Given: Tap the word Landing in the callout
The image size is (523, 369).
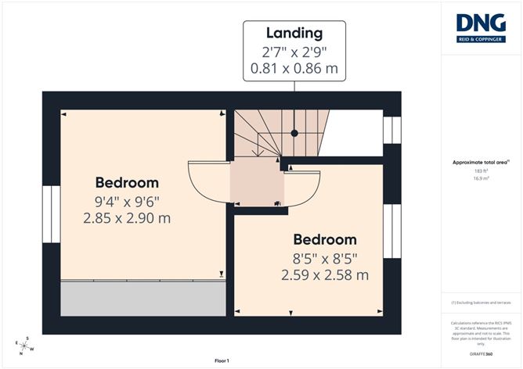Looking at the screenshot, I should [x=294, y=33].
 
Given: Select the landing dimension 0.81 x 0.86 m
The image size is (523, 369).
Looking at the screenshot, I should [x=294, y=69].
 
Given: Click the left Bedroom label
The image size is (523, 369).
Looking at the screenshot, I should [x=127, y=182].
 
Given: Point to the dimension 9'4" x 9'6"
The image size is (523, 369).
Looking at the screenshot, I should [x=127, y=201].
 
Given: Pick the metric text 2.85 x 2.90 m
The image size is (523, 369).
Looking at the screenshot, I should [x=127, y=218].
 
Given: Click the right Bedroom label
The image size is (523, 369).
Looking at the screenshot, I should [x=324, y=239].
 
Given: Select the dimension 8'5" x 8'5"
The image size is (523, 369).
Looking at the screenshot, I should [x=324, y=257].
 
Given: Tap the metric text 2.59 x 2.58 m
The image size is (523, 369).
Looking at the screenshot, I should [x=324, y=274].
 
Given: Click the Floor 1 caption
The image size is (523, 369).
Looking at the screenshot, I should [x=222, y=360].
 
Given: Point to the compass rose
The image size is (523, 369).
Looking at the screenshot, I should [x=24, y=344].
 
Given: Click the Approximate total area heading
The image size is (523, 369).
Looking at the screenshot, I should [x=481, y=162].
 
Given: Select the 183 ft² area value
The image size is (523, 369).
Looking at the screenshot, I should [x=481, y=170].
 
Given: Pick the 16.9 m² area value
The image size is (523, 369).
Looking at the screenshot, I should [x=481, y=178].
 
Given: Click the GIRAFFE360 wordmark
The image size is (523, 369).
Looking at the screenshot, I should [x=481, y=354].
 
